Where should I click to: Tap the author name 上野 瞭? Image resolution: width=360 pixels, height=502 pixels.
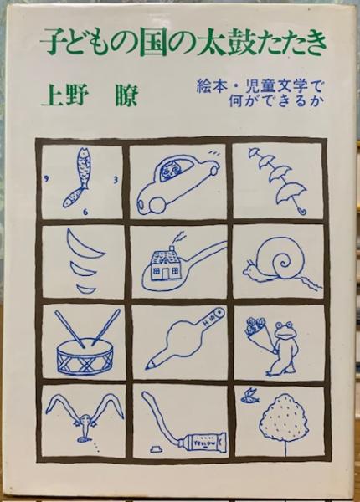coord(90,94)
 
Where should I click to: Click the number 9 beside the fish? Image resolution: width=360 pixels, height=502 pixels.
coord(48,179)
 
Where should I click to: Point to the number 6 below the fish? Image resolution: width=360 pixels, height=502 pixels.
coord(85,211)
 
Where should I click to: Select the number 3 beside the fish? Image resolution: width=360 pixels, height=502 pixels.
coord(116,180)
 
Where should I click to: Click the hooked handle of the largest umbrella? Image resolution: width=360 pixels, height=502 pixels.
coord(301,210)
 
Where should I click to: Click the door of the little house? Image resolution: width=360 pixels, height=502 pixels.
coord(166,273)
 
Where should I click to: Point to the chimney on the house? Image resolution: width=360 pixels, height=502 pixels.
coord(172,248)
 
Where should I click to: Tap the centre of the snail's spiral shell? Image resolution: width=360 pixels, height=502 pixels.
coord(284,264)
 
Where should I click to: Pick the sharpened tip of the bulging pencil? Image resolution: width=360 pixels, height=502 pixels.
coord(149,365)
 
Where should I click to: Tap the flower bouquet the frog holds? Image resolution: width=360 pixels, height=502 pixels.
coord(255,329)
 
